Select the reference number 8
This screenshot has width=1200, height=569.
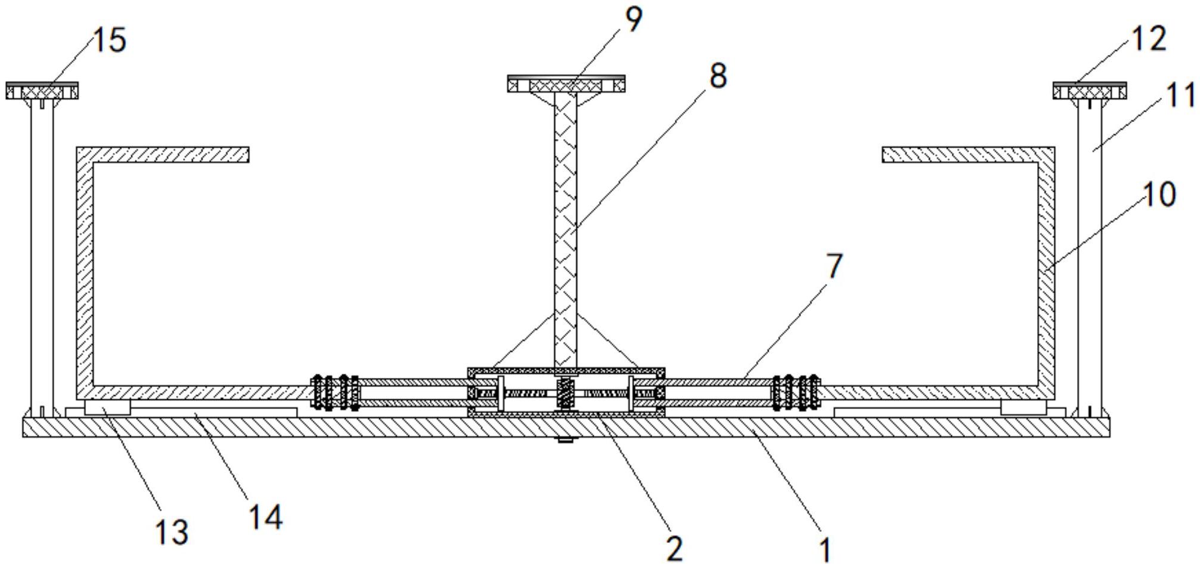[718, 76]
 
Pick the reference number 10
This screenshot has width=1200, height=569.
[1159, 195]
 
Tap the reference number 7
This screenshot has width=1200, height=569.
[834, 266]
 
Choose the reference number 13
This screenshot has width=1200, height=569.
[172, 531]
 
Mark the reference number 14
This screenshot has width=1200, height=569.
[266, 517]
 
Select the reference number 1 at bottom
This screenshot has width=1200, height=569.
[825, 549]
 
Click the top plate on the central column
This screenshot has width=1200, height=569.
[566, 84]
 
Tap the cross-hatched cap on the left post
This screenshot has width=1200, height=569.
[42, 91]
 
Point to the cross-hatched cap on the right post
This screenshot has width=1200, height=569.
[1090, 91]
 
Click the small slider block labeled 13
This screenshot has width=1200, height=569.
[107, 408]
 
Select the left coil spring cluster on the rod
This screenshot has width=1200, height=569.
[335, 392]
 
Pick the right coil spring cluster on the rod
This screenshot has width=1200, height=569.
[796, 392]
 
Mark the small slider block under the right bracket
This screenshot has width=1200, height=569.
[1023, 408]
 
